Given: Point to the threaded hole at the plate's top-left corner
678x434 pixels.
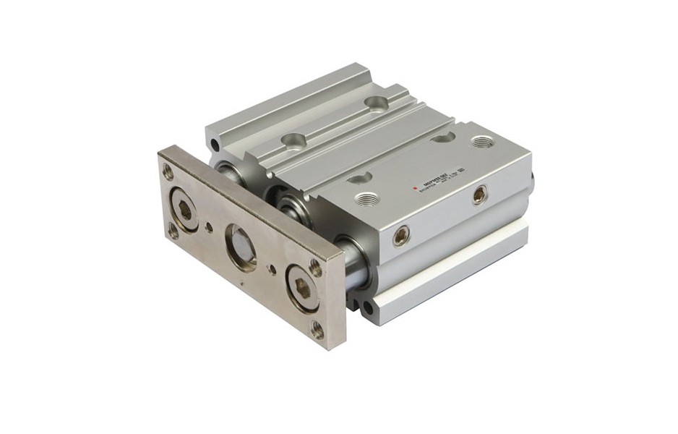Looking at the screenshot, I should (168, 171).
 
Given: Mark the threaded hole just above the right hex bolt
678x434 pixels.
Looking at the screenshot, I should (316, 267).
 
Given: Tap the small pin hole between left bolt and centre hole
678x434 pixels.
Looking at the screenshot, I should (210, 228).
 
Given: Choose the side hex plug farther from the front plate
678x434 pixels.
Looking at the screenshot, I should (479, 194).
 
